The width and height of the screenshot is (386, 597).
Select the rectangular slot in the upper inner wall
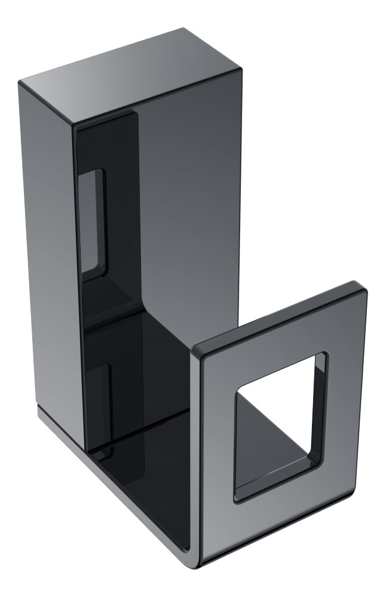point(93,221)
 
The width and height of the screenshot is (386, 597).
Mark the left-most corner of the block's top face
point(21,82)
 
